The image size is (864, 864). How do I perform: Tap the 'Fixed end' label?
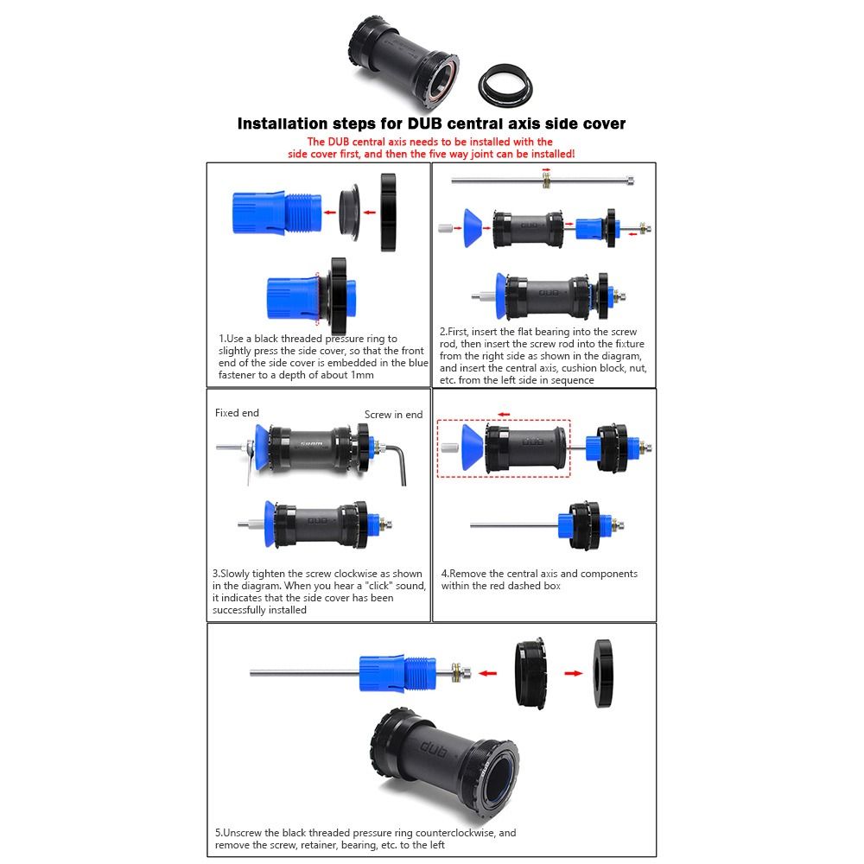(x=237, y=413)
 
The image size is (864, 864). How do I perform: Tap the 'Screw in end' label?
(x=393, y=415)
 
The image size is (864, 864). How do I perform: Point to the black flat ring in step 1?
(x=387, y=212)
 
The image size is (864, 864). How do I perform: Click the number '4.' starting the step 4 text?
(x=445, y=574)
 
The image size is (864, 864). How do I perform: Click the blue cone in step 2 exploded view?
(x=470, y=226)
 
